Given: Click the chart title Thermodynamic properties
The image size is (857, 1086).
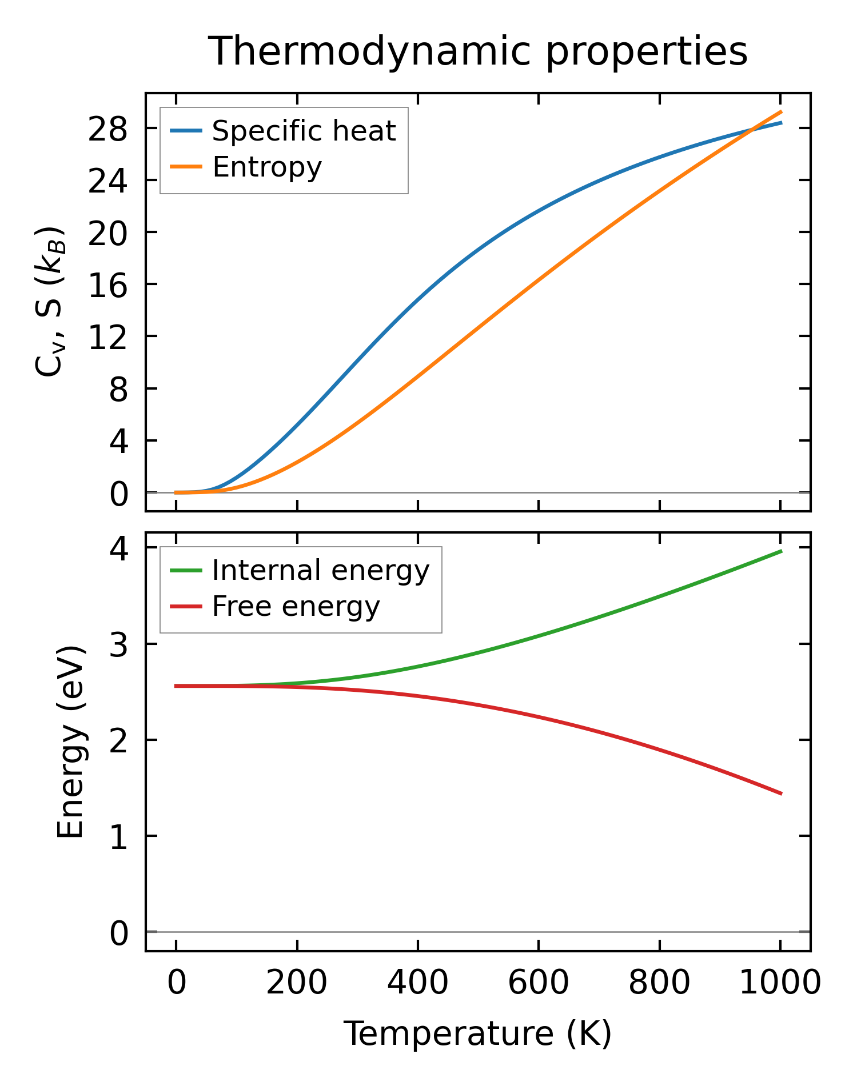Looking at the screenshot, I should (477, 51).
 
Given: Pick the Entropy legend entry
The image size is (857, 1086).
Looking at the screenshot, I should (267, 167).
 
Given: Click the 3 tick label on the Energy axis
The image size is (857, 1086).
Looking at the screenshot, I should (118, 644).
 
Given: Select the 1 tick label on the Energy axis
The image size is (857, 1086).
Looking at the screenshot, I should (118, 837).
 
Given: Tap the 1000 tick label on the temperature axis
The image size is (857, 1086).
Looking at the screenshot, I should (780, 984).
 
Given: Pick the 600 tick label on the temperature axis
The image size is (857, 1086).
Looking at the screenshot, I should (538, 984).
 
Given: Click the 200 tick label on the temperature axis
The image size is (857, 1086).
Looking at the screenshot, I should (297, 984).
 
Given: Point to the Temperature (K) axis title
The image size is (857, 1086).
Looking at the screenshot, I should (477, 1033).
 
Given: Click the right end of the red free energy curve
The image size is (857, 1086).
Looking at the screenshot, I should (780, 794).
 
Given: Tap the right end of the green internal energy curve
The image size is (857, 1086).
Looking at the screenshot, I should (780, 551).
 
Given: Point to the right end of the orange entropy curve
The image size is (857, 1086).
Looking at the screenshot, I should (780, 112).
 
